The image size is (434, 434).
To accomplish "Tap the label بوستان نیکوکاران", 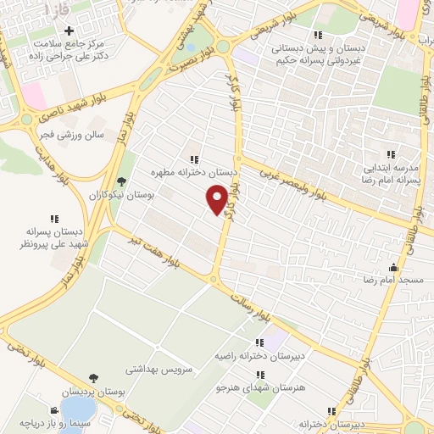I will [121, 195].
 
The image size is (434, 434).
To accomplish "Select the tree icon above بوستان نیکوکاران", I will [122, 181].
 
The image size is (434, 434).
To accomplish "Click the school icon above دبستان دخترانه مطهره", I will [194, 159].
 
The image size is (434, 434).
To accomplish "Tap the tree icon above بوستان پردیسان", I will [93, 379].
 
